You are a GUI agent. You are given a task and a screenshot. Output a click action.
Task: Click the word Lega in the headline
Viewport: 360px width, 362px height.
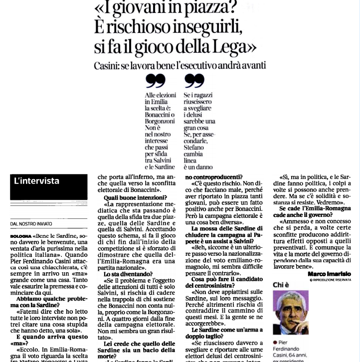232,47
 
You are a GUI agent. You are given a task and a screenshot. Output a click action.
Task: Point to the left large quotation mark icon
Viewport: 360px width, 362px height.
156,80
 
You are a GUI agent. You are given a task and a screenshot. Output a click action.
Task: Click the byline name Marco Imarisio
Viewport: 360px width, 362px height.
330,274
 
